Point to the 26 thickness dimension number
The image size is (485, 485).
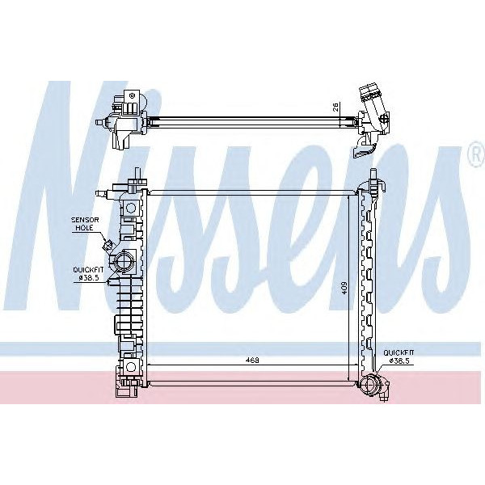[x=333, y=106]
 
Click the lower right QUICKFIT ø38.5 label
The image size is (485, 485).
[x=399, y=356]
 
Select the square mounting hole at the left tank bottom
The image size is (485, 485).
[x=129, y=369]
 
